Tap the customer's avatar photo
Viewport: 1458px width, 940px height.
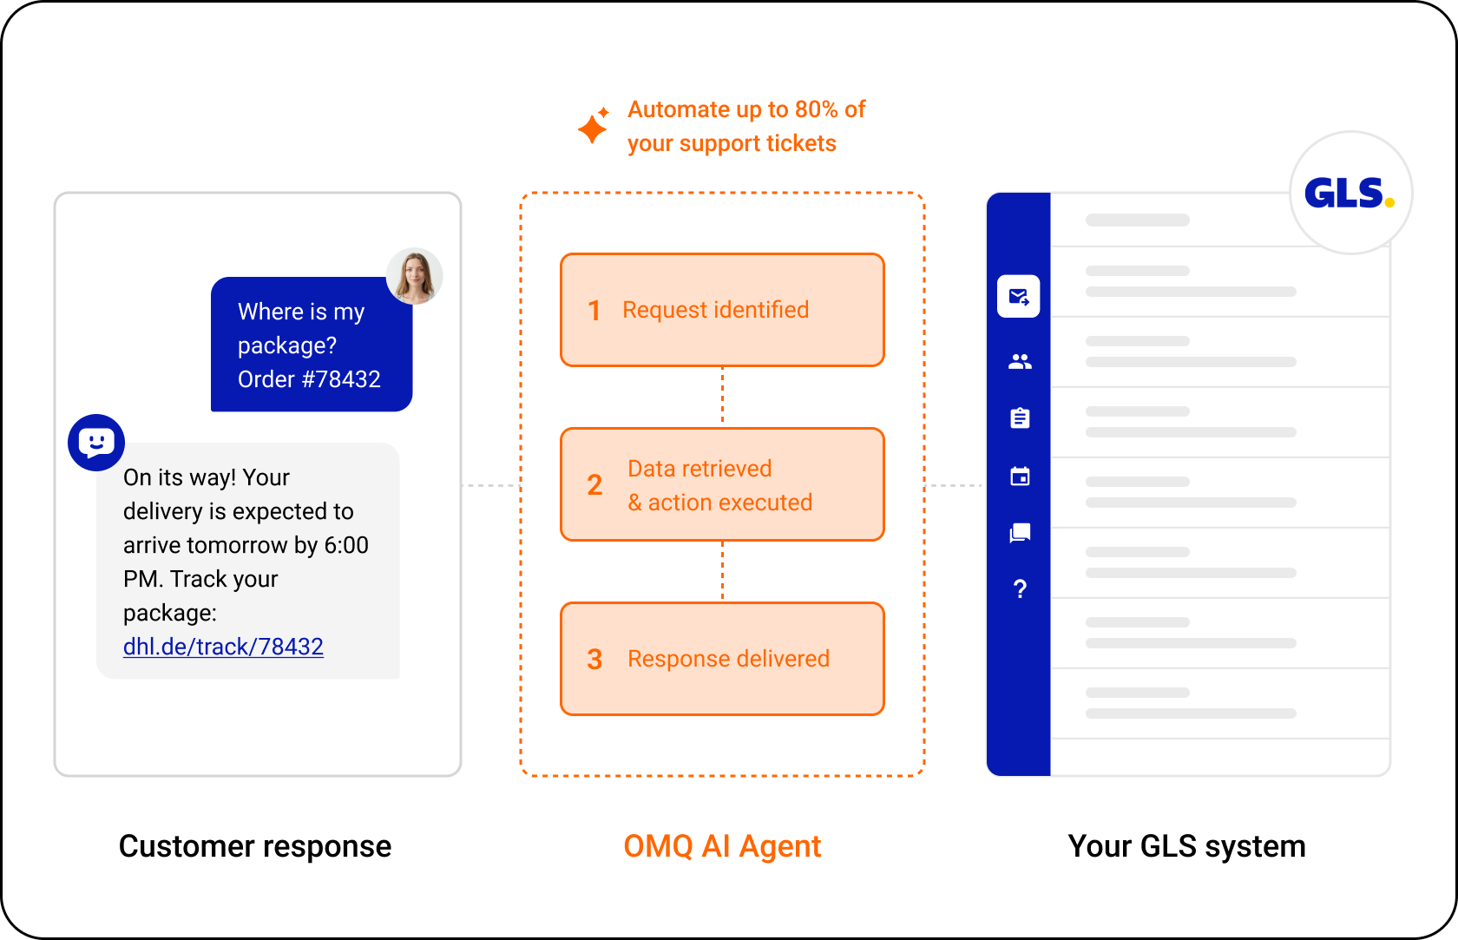(x=415, y=276)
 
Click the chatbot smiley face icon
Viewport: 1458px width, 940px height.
(x=96, y=443)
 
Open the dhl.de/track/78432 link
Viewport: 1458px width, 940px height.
(x=223, y=647)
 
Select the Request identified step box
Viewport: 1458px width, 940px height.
(x=722, y=310)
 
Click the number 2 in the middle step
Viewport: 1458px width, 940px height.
(x=594, y=485)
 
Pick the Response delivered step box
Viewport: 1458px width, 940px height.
(x=722, y=659)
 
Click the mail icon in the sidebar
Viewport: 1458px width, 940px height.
(x=1019, y=297)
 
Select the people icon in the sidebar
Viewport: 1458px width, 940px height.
(x=1020, y=361)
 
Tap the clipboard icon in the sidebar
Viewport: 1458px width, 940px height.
(x=1020, y=418)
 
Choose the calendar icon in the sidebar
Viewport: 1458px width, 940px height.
(x=1020, y=476)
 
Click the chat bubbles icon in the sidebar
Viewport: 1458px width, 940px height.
(x=1020, y=533)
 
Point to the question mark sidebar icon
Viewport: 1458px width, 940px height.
(x=1020, y=589)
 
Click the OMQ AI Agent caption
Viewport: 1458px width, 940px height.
(x=722, y=846)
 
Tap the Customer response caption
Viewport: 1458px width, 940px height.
(x=255, y=846)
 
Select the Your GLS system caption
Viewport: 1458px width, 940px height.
(x=1186, y=846)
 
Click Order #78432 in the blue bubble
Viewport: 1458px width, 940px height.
(x=309, y=378)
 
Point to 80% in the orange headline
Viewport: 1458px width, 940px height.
(x=816, y=109)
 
